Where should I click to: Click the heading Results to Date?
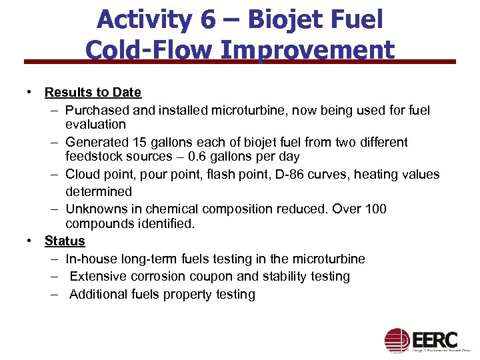coord(93,92)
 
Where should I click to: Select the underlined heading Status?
coord(65,241)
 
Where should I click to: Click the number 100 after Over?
coord(374,209)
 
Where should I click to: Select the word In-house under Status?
coord(92,259)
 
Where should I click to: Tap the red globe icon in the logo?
coord(397,340)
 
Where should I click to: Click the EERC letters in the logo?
coord(435,337)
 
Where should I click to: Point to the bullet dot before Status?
coord(30,241)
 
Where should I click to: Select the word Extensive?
coord(97,276)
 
